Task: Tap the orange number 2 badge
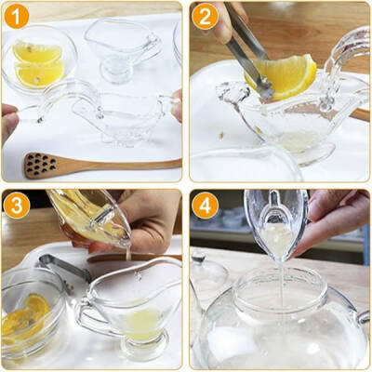205,16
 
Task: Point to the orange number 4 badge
205,206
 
